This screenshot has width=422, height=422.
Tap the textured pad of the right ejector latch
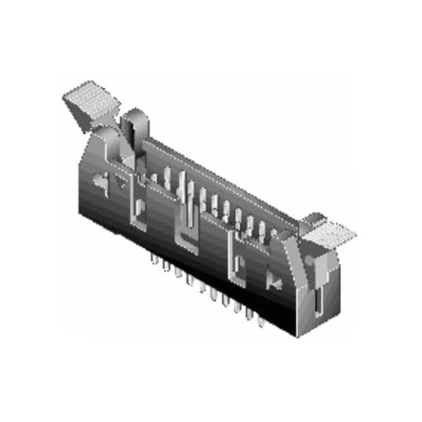330,233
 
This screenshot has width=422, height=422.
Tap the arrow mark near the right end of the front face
272,281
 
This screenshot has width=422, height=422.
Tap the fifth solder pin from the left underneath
201,287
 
